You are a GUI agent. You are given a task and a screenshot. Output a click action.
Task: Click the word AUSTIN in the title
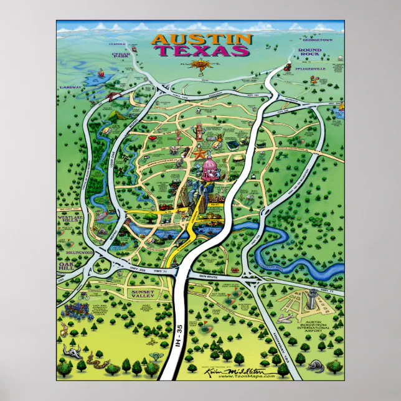coord(202,39)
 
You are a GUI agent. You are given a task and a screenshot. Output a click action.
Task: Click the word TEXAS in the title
coord(202,51)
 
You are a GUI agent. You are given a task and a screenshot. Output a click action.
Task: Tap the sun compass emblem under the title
coord(201,66)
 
